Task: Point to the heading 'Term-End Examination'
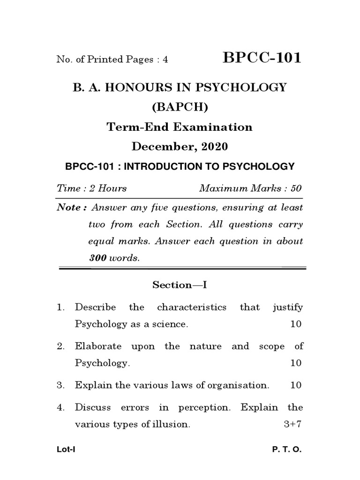(180, 127)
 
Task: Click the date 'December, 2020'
(180, 147)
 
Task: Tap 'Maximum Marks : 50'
(251, 188)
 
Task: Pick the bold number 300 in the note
(97, 258)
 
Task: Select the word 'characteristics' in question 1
(191, 307)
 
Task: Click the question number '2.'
(60, 346)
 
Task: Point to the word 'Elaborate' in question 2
(98, 346)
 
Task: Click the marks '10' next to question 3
(296, 385)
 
